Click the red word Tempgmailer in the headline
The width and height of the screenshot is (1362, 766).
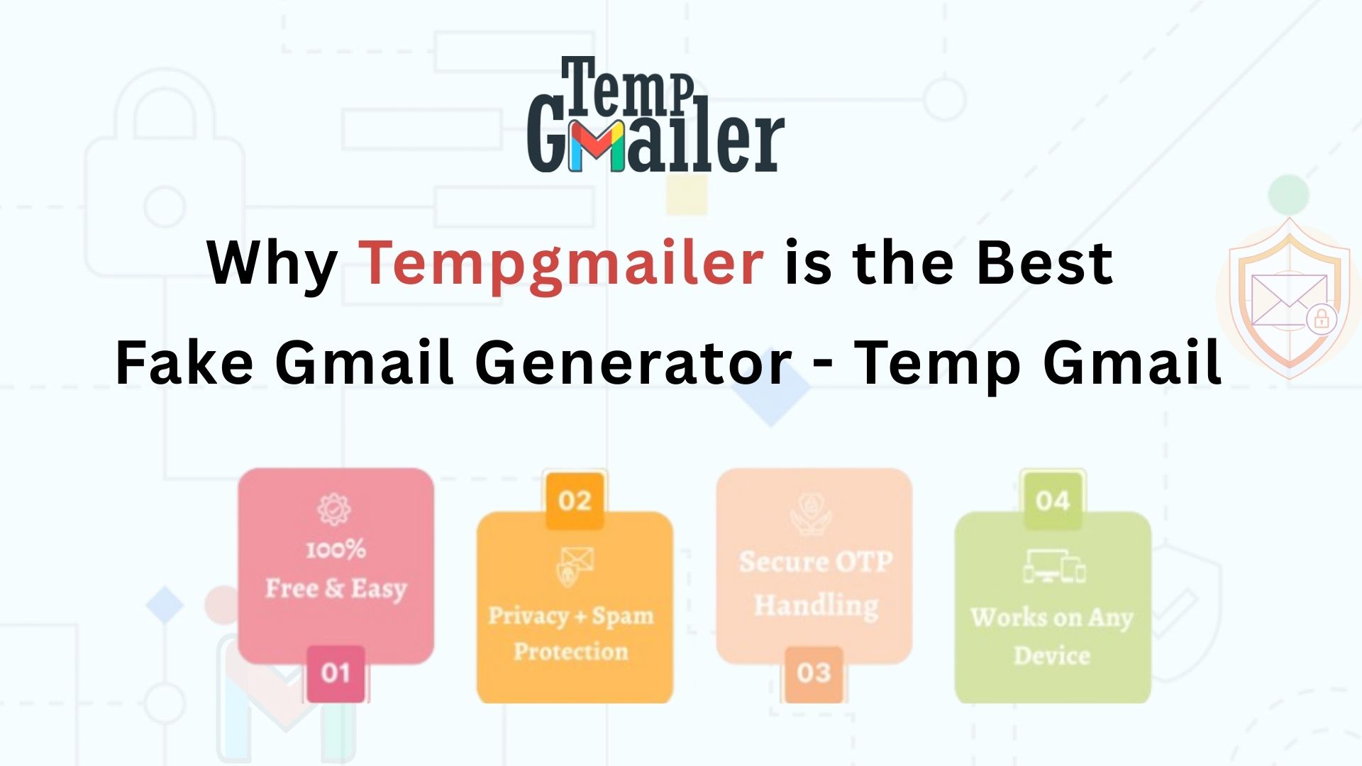561,264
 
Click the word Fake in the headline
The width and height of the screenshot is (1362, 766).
184,362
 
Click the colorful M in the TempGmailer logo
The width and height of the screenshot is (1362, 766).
596,147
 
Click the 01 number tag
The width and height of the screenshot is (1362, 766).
336,673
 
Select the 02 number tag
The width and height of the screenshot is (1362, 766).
575,500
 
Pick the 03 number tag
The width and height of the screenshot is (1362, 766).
813,673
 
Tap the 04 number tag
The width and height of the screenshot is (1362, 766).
1052,500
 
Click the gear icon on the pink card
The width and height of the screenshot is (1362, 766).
333,508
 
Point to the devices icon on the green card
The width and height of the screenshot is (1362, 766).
1053,566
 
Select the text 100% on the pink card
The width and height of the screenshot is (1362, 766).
336,549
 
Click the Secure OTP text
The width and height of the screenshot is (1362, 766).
815,562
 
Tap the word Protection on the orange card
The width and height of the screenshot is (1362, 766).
571,651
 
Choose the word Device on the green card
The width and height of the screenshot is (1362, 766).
1051,655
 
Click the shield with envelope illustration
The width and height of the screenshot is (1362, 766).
1289,298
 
